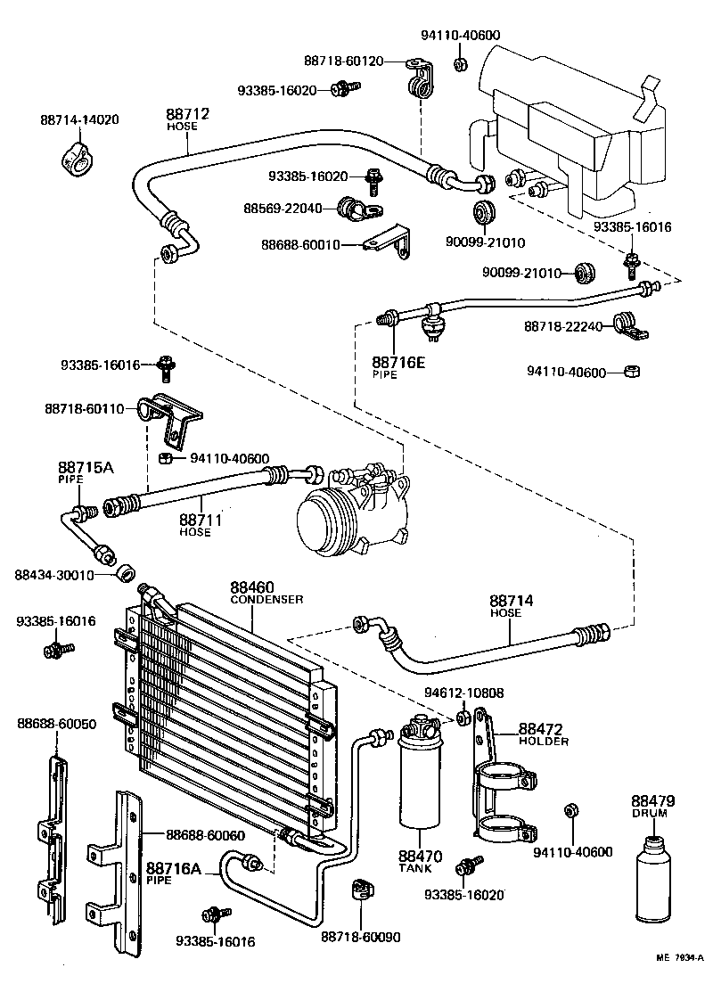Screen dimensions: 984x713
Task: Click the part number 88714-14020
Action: pyautogui.click(x=79, y=119)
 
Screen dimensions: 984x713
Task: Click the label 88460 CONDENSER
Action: pyautogui.click(x=266, y=592)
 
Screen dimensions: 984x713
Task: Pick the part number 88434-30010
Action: pyautogui.click(x=54, y=575)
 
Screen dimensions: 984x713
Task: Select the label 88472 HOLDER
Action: pyautogui.click(x=543, y=734)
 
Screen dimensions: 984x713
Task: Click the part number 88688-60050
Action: pyautogui.click(x=56, y=725)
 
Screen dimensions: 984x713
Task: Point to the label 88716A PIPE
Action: pyautogui.click(x=174, y=872)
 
